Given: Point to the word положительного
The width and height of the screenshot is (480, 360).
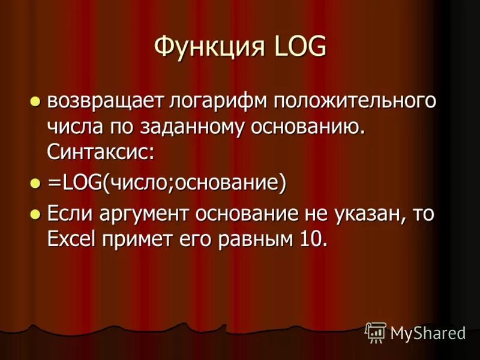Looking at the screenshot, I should tap(355, 101).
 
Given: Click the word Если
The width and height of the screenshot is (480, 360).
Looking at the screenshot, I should tap(68, 214).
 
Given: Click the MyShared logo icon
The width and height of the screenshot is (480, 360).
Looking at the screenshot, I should tap(376, 332).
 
